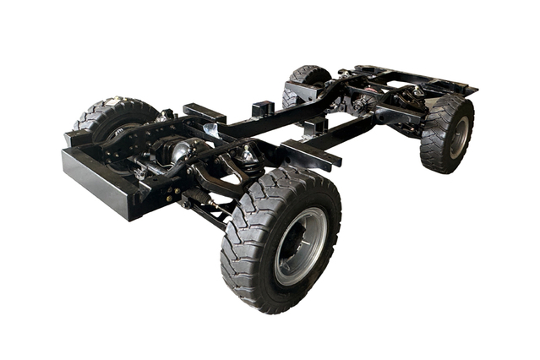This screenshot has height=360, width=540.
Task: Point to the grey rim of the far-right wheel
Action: click(x=459, y=136)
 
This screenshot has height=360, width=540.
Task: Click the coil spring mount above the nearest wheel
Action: click(x=248, y=155)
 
